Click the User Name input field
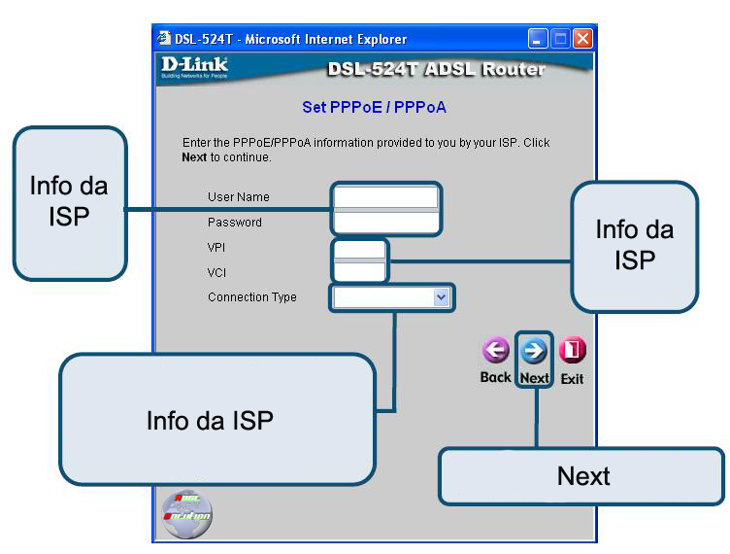[x=385, y=197]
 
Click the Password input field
[x=385, y=223]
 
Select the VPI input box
[x=359, y=249]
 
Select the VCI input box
[x=359, y=273]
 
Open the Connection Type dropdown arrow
[x=442, y=297]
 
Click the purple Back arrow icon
[x=496, y=351]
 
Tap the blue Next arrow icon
[x=534, y=351]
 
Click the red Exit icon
[x=573, y=351]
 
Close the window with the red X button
[x=582, y=40]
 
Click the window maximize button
[x=561, y=40]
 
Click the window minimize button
[x=539, y=40]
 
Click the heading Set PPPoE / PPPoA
[x=374, y=106]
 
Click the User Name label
[x=238, y=197]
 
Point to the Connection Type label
[x=252, y=297]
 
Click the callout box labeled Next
[x=582, y=476]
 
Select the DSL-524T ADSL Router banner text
[x=436, y=69]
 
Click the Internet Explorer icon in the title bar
[x=164, y=40]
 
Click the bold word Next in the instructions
[x=195, y=156]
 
